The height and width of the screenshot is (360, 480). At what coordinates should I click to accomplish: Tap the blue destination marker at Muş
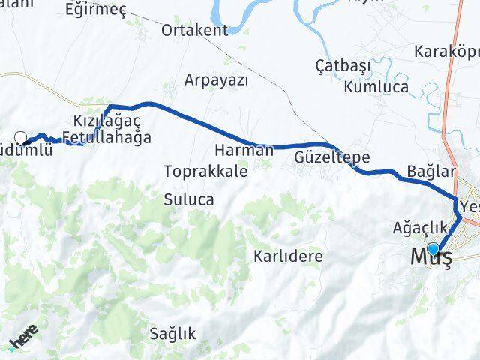coord(433,249)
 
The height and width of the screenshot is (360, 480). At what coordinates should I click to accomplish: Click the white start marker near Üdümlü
coord(21,137)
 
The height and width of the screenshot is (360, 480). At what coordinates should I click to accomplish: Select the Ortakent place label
coord(195,31)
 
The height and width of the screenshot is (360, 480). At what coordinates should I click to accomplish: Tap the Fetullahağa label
coord(106,138)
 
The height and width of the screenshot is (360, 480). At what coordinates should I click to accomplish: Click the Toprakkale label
coord(205,171)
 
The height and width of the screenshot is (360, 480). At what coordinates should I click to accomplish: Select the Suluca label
coord(189,200)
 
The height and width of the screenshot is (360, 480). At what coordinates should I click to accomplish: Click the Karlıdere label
coord(289,256)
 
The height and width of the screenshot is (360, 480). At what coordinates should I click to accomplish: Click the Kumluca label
coord(376,86)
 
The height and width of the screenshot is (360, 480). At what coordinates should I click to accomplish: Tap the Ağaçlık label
coord(419,227)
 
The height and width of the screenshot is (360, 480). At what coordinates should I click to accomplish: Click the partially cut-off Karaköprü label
coord(446,52)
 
